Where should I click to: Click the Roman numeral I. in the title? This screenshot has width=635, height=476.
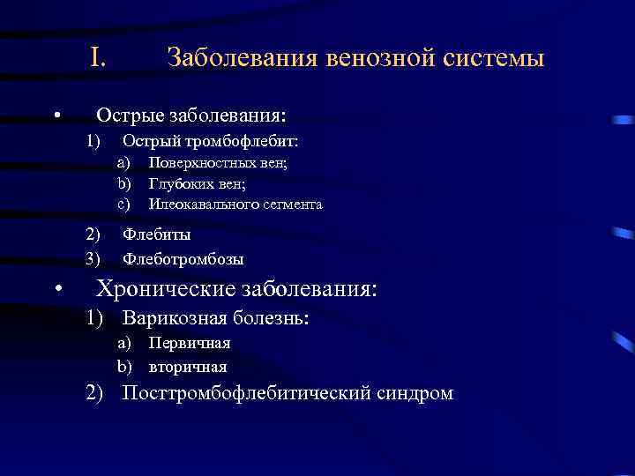pos(98,58)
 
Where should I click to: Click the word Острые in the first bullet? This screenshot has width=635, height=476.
pos(129,115)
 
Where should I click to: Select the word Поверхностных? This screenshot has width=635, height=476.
pos(198,162)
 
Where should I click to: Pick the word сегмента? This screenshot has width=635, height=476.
pos(291,205)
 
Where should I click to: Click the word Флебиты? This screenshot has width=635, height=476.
pos(156,234)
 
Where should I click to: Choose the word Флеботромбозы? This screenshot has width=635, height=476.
pos(183,259)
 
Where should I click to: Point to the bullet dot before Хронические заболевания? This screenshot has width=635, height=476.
pos(56,290)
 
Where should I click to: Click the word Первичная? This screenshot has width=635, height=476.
pos(189,343)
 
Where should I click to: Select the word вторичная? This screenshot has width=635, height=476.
pos(187,367)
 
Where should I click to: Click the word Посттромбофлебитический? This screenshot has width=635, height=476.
pos(245,393)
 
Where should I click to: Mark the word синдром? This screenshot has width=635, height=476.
pos(414,393)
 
